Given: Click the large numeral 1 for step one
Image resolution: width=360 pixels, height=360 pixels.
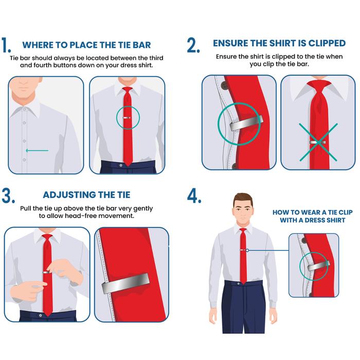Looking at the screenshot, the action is (6, 45).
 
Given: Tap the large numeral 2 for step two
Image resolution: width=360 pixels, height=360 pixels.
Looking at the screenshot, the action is (193, 45).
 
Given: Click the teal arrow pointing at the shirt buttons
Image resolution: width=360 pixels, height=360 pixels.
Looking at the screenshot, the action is (37, 151).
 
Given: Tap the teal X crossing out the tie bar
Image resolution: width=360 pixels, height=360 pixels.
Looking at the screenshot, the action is (318, 142).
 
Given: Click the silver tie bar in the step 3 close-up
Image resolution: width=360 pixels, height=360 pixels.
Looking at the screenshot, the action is (125, 283).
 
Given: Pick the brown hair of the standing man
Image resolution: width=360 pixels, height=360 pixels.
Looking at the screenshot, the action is (243, 199).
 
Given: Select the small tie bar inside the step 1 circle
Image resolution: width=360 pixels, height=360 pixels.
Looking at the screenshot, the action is (127, 118).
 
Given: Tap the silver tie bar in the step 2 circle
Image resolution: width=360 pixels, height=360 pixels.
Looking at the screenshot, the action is (246, 123).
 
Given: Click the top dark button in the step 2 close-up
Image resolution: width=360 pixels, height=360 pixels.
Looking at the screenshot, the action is (224, 85).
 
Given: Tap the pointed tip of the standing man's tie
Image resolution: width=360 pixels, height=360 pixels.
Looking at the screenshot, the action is (243, 283).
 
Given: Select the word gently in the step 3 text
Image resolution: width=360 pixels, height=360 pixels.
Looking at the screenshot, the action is (143, 209).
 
